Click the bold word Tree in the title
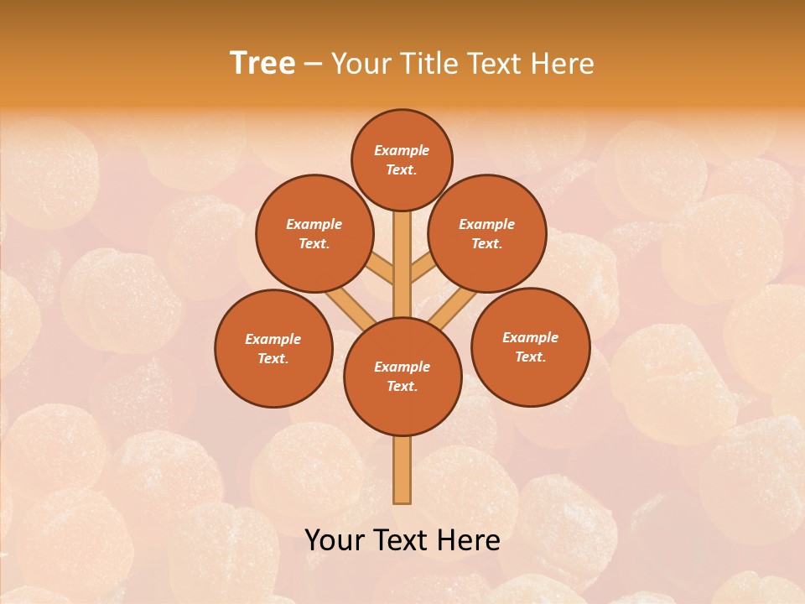click(262, 64)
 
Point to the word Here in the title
click(562, 64)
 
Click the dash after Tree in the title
click(314, 64)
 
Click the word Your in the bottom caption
click(334, 540)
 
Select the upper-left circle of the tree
click(314, 233)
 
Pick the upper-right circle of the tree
click(487, 233)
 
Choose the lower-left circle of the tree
click(273, 348)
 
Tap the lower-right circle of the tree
click(531, 346)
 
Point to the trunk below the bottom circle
click(402, 470)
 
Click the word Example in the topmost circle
click(402, 151)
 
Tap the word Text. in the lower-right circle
click(530, 357)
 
